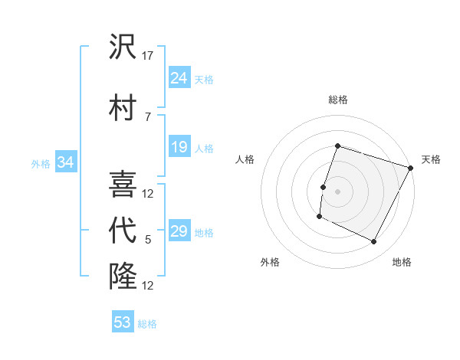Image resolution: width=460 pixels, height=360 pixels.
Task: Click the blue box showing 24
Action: [x=179, y=78]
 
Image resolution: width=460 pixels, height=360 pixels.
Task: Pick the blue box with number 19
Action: [x=179, y=147]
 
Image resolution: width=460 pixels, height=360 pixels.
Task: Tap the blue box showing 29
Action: [x=179, y=232]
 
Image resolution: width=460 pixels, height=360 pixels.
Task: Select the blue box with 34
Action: [x=65, y=162]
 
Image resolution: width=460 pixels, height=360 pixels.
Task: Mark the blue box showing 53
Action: [x=123, y=322]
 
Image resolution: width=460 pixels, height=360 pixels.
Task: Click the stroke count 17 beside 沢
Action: [x=148, y=55]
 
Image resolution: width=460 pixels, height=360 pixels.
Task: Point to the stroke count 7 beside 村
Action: [x=148, y=116]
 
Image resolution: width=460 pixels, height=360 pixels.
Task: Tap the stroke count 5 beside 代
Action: [x=148, y=241]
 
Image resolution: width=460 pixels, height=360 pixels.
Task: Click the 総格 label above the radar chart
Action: [x=338, y=100]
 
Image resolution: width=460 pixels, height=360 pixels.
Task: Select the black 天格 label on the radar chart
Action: [x=432, y=159]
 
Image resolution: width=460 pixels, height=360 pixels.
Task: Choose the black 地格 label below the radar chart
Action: [x=402, y=262]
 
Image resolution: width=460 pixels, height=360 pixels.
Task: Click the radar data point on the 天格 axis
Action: [x=411, y=168]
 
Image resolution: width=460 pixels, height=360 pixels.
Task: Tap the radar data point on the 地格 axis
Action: [x=374, y=242]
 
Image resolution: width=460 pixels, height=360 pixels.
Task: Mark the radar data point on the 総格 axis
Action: [x=337, y=146]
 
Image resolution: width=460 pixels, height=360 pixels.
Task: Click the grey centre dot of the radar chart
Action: [x=337, y=191]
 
